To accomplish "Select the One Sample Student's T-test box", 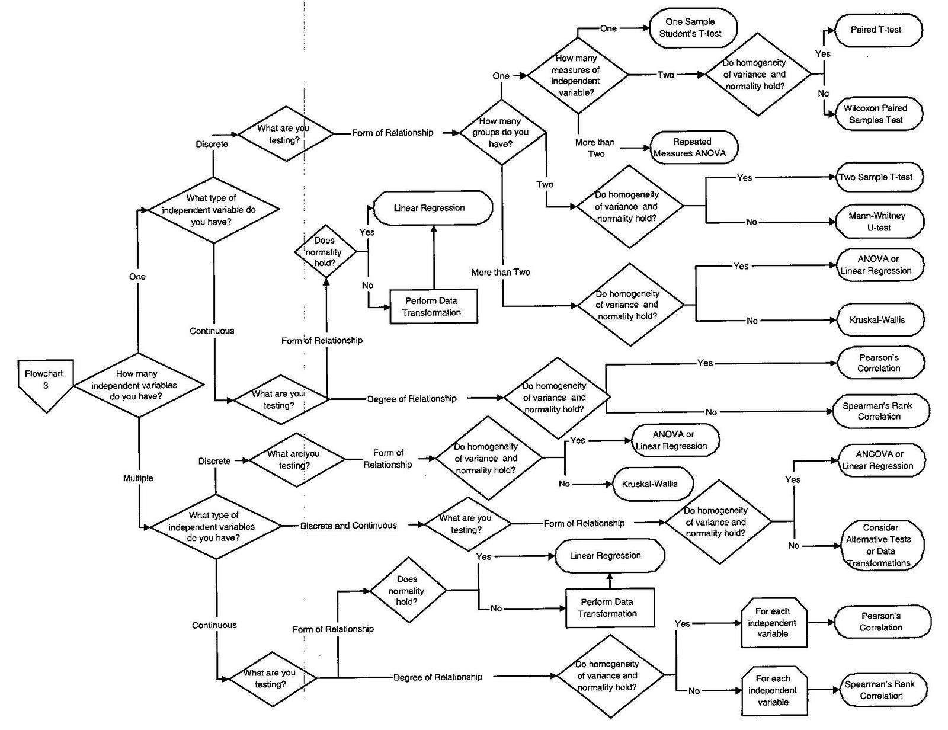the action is coord(693,28).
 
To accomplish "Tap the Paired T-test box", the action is coord(878,30).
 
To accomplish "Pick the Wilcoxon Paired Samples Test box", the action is coord(879,114).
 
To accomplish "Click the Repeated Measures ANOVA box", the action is coord(694,148).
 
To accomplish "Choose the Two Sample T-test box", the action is coord(879,177).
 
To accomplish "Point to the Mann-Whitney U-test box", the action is coord(879,222).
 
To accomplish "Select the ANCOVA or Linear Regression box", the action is coord(881,460).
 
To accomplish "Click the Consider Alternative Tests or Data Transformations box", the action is coord(882,545).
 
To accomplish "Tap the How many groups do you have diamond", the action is coord(501,133).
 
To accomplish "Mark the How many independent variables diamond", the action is coord(138,385).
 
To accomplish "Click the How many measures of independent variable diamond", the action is coord(578,75).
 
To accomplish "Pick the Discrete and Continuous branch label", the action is coord(348,526).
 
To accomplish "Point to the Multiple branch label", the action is coord(138,478).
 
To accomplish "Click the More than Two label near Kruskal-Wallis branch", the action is coord(501,272).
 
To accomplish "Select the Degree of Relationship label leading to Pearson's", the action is coord(412,399).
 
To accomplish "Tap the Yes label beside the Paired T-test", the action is coord(823,54).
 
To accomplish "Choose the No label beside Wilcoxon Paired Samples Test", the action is coord(823,93).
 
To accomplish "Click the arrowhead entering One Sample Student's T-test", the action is coord(646,28).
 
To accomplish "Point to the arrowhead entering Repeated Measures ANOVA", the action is coord(646,148).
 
